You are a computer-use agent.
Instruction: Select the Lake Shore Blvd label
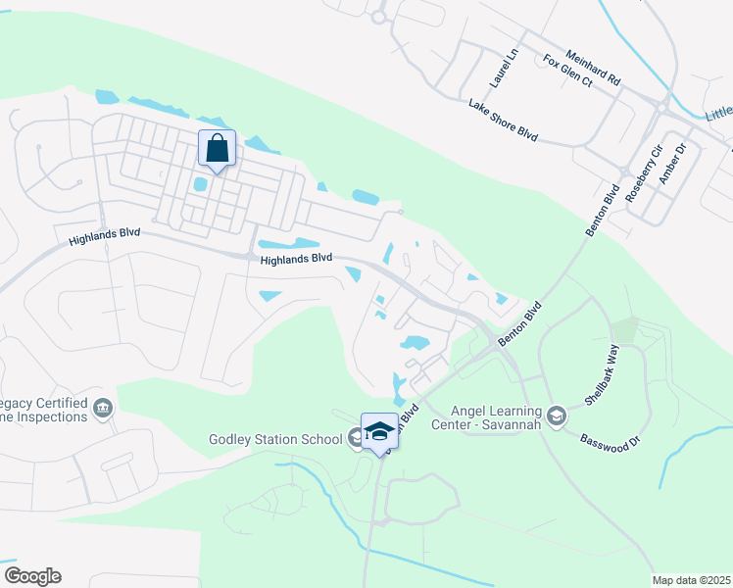pos(504,121)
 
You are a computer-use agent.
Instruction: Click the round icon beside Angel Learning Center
pos(557,416)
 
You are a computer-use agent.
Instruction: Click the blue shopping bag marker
pos(218,149)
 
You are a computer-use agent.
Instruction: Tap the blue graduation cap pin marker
pos(379,431)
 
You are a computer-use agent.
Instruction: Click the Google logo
pos(32,576)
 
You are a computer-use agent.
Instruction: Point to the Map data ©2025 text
pos(691,580)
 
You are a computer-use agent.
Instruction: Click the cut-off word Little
pos(718,114)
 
